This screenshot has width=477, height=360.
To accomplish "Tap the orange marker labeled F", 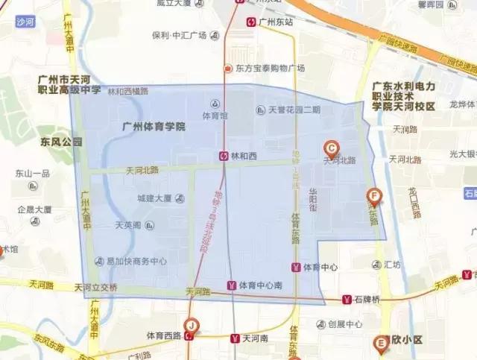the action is (x=375, y=197).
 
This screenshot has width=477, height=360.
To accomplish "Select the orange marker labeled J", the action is (x=192, y=325).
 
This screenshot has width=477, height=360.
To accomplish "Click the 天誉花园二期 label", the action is (x=294, y=110).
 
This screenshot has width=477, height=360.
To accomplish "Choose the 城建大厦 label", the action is (x=154, y=198).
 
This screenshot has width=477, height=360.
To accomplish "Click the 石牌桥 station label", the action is (x=367, y=300).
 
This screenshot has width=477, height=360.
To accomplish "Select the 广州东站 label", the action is (x=277, y=22).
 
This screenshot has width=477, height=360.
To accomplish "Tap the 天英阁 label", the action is (x=128, y=225).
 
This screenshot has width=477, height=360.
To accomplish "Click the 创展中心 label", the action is (x=345, y=324).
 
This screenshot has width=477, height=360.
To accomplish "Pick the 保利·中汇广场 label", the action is (x=179, y=35).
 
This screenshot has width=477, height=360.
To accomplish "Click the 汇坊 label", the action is (x=392, y=265).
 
